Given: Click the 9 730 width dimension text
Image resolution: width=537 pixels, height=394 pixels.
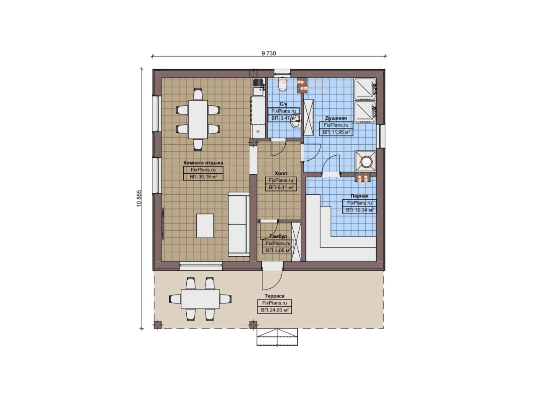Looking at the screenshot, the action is pyautogui.click(x=268, y=53).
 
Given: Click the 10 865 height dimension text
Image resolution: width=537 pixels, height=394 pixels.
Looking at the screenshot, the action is pyautogui.click(x=139, y=198).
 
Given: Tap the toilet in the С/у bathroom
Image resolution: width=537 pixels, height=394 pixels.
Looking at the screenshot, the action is pyautogui.click(x=282, y=84).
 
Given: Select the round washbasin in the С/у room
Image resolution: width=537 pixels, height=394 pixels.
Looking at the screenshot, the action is pyautogui.click(x=295, y=124).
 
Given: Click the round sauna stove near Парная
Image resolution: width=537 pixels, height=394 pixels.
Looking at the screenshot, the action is pyautogui.click(x=365, y=162).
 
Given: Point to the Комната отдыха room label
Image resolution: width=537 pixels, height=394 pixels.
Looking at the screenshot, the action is pyautogui.click(x=203, y=162).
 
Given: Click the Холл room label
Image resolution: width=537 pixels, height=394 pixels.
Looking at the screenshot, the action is pyautogui.click(x=281, y=173).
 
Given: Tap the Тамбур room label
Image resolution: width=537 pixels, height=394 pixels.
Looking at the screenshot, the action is pyautogui.click(x=278, y=236).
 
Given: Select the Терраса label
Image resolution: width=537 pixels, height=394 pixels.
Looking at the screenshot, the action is pyautogui.click(x=274, y=296).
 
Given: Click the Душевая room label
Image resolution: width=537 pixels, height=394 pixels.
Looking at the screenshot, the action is pyautogui.click(x=336, y=118).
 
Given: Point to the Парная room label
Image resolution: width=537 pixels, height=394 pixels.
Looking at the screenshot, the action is pyautogui.click(x=360, y=196).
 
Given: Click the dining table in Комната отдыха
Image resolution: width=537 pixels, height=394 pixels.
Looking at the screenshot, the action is pyautogui.click(x=198, y=120).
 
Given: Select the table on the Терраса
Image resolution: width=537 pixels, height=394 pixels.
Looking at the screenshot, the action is pyautogui.click(x=200, y=299).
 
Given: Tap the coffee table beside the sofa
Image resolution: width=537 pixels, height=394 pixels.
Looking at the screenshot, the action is pyautogui.click(x=205, y=226).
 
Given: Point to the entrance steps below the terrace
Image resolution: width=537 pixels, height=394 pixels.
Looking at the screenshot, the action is pyautogui.click(x=277, y=337).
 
